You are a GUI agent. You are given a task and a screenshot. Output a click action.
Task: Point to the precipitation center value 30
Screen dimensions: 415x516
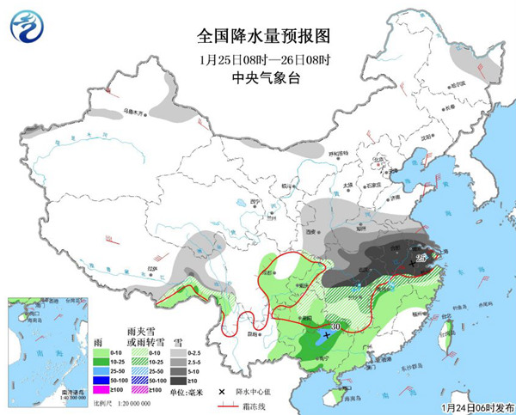coord(337,327)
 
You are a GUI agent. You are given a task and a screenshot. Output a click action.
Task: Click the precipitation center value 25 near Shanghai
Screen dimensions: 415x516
coord(421,258)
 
